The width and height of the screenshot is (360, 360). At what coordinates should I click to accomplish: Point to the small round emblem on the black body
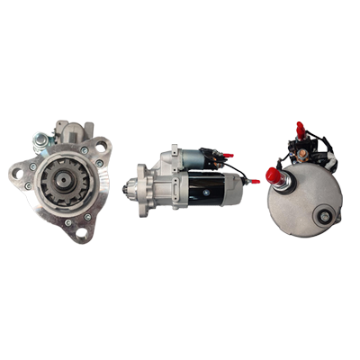point(206,191)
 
